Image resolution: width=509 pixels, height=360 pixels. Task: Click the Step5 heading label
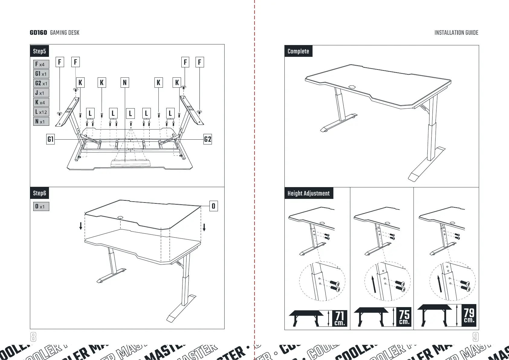tap(39, 51)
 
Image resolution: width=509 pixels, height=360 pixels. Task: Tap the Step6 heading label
tap(39, 193)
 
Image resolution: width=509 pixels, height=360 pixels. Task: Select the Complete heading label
tap(298, 51)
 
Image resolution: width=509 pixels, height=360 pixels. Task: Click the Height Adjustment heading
tap(308, 193)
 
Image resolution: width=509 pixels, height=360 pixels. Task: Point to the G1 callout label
tap(50, 139)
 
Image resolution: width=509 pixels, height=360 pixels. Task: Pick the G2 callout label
tap(208, 139)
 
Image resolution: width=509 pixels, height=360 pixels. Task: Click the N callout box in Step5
tap(125, 83)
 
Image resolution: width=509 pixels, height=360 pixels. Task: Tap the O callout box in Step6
tap(213, 206)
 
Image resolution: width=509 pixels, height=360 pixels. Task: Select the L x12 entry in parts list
tap(41, 112)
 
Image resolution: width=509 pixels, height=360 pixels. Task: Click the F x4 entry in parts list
tap(41, 64)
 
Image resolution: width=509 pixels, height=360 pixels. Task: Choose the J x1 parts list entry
tap(41, 93)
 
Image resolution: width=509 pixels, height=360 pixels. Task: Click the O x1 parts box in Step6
tap(41, 206)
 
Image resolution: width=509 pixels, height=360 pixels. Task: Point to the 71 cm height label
tap(339, 318)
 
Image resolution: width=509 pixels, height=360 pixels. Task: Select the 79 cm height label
tap(469, 315)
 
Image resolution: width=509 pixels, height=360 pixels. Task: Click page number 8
tap(33, 337)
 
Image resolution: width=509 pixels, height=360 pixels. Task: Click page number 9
tap(475, 337)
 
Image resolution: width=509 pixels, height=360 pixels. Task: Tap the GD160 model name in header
tap(38, 33)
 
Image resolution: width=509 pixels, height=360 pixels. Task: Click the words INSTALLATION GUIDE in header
tap(456, 33)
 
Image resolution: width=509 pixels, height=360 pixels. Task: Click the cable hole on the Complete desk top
tap(352, 86)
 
